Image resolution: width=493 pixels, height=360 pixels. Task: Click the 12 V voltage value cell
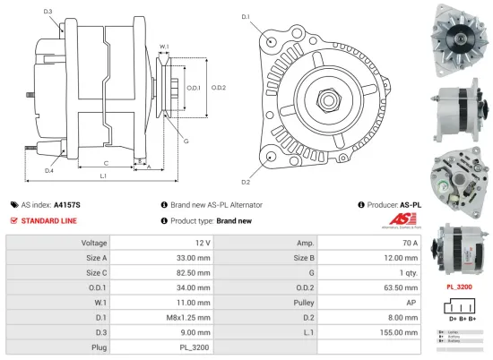[202, 243]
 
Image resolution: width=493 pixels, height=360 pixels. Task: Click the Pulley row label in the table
[299, 303]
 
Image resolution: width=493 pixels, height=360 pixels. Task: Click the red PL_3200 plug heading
[459, 287]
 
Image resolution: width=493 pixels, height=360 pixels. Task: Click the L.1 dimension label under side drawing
[103, 176]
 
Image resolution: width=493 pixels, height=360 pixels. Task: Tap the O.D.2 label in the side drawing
[218, 88]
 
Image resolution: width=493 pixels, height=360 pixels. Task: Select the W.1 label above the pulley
[165, 47]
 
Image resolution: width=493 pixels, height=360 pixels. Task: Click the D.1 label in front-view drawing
[246, 17]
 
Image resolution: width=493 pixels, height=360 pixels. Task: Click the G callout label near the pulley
[186, 141]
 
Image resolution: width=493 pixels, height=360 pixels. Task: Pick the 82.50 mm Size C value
[195, 272]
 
